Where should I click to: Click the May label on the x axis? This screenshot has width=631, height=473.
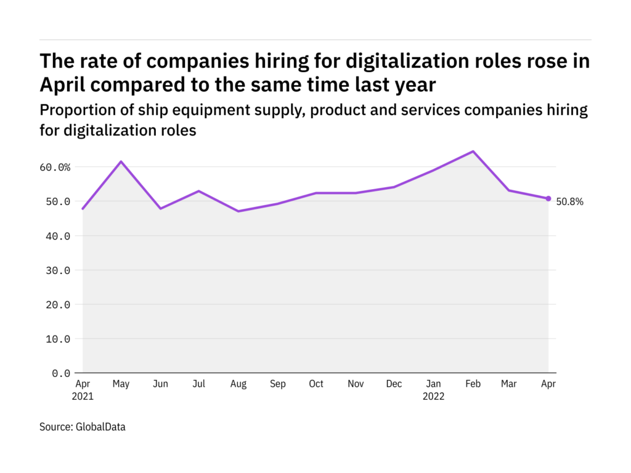(121, 384)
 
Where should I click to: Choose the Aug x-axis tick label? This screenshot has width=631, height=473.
(238, 384)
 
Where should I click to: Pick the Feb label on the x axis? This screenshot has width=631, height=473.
(473, 384)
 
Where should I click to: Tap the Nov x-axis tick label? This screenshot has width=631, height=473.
(356, 384)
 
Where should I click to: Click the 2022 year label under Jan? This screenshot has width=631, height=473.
(433, 397)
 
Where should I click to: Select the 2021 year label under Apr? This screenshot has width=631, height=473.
(82, 397)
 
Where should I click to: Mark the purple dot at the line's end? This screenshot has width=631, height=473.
(548, 198)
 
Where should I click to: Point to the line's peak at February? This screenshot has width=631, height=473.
(473, 152)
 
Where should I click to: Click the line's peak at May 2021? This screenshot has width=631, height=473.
(121, 161)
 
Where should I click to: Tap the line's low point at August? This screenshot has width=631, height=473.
(238, 211)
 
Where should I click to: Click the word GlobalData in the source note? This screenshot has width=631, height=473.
(100, 426)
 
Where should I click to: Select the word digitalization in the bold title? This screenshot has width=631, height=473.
(394, 61)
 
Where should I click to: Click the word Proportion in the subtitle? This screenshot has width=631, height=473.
(71, 110)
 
